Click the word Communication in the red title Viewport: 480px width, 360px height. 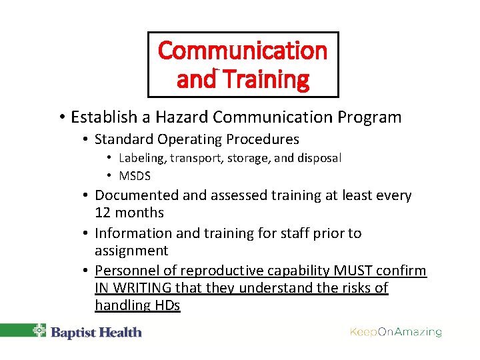tap(243, 51)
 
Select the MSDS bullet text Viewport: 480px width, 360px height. tap(135, 176)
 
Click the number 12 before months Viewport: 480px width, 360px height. tap(103, 213)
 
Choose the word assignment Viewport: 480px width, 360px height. tap(131, 251)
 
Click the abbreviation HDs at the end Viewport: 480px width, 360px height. tap(166, 305)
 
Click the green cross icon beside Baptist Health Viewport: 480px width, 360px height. tap(40, 331)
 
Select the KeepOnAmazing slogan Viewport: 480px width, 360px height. tap(395, 332)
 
